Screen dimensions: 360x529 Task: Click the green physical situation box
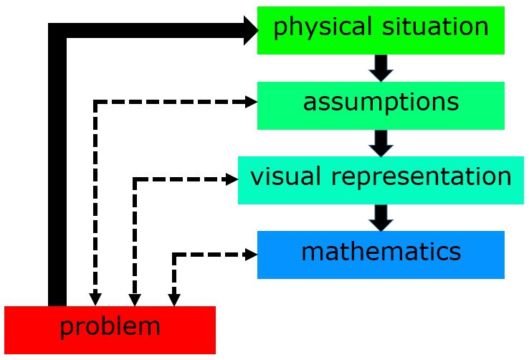(x=381, y=30)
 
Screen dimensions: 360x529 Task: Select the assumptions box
(x=381, y=105)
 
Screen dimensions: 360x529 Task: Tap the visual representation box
(x=381, y=180)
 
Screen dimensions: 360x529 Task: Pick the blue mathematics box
(x=381, y=255)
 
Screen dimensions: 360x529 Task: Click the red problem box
(x=110, y=330)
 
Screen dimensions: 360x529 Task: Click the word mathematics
(x=381, y=252)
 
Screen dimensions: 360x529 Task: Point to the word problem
(x=110, y=328)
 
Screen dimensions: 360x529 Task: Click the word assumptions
(x=381, y=103)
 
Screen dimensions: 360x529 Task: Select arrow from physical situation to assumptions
(x=381, y=67)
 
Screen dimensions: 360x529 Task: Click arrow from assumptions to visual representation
(x=381, y=143)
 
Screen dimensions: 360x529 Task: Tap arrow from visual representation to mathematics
(x=381, y=217)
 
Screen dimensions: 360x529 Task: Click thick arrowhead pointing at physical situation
(x=250, y=30)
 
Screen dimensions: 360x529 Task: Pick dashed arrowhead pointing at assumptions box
(x=251, y=103)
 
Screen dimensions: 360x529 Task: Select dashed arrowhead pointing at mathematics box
(x=251, y=255)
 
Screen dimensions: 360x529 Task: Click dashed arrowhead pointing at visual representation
(x=232, y=180)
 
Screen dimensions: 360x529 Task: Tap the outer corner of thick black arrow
(x=52, y=27)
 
